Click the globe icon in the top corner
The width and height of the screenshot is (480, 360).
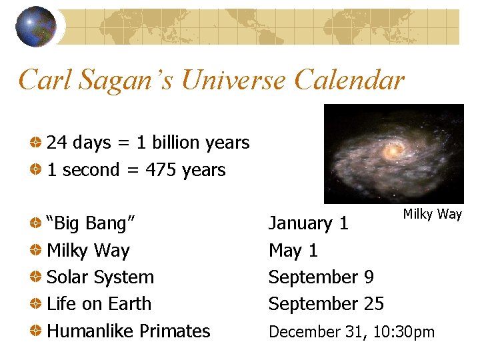(35, 27)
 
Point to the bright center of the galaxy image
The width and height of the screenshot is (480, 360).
(392, 151)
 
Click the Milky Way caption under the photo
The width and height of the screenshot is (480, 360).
(432, 214)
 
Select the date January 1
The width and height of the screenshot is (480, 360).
(308, 223)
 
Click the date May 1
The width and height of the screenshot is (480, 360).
(293, 251)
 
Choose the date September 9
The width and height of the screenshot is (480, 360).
(321, 277)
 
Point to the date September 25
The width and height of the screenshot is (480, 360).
(326, 304)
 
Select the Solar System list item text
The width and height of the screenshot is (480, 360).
(100, 277)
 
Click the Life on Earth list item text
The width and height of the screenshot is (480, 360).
(99, 304)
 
